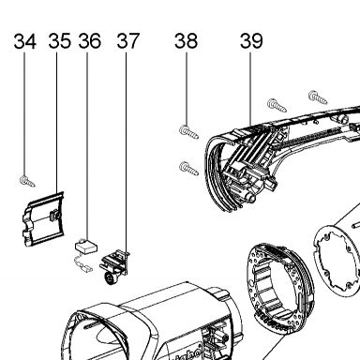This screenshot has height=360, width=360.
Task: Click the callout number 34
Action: point(25,41)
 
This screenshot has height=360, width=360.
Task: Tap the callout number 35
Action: point(59,41)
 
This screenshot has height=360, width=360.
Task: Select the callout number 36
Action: point(90,41)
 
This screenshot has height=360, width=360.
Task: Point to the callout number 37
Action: point(128,41)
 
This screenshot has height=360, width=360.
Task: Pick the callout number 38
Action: point(187,41)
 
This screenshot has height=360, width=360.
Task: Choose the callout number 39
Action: point(251,41)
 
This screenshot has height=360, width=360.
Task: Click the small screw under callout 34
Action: point(27,181)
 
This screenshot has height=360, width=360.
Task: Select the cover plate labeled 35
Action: point(44,219)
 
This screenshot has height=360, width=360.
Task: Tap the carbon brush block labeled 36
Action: point(86,246)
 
